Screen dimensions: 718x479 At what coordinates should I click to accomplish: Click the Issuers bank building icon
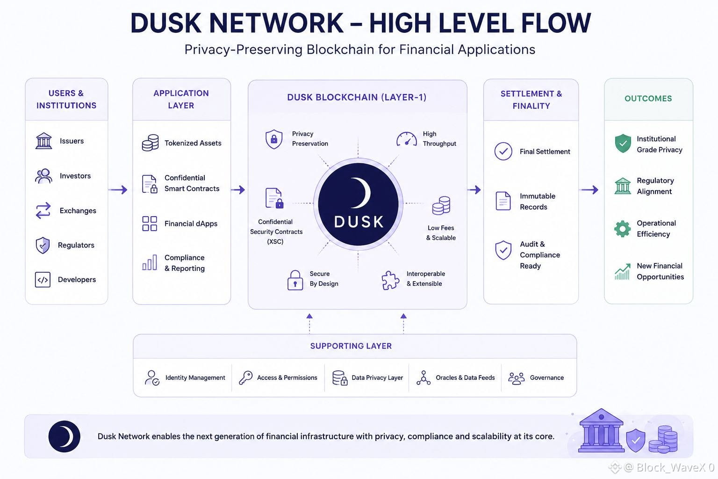pyautogui.click(x=43, y=141)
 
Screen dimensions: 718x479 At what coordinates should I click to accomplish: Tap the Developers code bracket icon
pyautogui.click(x=43, y=280)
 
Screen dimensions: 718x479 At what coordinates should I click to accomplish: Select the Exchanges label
pyautogui.click(x=78, y=211)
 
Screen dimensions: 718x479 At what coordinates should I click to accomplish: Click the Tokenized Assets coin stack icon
pyautogui.click(x=150, y=143)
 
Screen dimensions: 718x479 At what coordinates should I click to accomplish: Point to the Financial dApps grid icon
pyautogui.click(x=150, y=224)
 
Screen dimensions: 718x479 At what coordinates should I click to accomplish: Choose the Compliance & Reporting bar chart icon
pyautogui.click(x=150, y=262)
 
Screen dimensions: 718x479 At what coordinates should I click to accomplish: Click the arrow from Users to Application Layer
pyautogui.click(x=118, y=189)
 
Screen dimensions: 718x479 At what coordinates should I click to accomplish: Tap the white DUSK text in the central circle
pyautogui.click(x=359, y=222)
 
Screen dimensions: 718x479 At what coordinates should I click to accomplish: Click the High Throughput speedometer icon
pyautogui.click(x=406, y=139)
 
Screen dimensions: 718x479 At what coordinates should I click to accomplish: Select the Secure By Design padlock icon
pyautogui.click(x=295, y=280)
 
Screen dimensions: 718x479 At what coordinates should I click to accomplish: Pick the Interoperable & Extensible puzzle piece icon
pyautogui.click(x=390, y=280)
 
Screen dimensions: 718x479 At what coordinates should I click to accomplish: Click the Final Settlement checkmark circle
pyautogui.click(x=503, y=152)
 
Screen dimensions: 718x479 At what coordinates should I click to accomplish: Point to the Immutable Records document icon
pyautogui.click(x=503, y=201)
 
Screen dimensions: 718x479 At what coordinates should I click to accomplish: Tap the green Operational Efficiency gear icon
pyautogui.click(x=623, y=229)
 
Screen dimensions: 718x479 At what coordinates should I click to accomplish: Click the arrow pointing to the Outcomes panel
pyautogui.click(x=589, y=189)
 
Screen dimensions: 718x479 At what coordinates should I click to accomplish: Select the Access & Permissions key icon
pyautogui.click(x=245, y=377)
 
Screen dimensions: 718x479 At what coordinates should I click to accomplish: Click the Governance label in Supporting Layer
pyautogui.click(x=547, y=377)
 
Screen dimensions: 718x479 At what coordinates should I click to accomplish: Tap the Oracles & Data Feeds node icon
pyautogui.click(x=424, y=378)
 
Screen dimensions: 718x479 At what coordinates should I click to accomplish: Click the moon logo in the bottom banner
pyautogui.click(x=64, y=436)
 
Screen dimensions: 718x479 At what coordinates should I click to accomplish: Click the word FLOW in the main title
pyautogui.click(x=556, y=23)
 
